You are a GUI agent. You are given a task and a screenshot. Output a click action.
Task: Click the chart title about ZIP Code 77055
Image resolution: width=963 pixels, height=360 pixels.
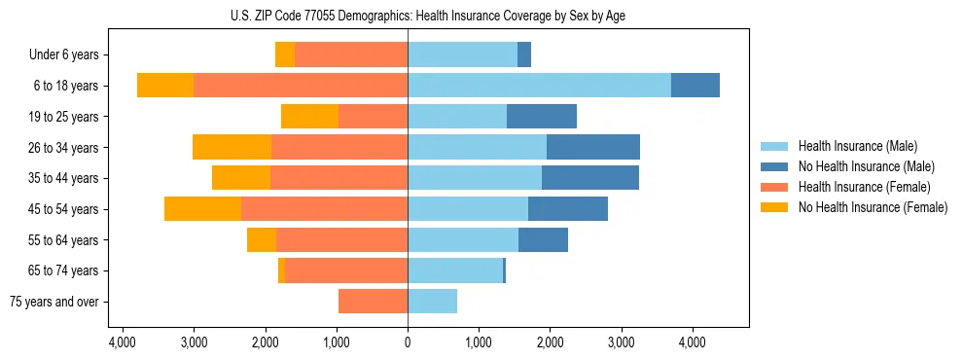[x=408, y=16]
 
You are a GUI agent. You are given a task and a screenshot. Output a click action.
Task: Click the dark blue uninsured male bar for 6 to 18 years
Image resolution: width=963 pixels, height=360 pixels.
[x=695, y=86]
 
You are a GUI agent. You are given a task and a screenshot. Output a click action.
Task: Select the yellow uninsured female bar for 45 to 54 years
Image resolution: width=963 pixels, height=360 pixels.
[x=202, y=209]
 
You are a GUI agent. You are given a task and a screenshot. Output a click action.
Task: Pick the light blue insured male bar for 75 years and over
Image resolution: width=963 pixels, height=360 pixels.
[x=432, y=302]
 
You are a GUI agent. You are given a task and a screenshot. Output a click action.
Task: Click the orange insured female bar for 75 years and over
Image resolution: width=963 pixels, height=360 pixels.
[x=373, y=302]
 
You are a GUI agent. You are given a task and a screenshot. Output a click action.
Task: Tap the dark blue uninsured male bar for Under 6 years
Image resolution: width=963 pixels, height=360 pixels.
[x=524, y=55]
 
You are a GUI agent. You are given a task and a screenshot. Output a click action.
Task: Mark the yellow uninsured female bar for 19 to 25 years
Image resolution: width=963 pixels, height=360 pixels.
[x=309, y=117]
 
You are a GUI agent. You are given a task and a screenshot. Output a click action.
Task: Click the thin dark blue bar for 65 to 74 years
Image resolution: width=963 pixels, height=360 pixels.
[x=504, y=270]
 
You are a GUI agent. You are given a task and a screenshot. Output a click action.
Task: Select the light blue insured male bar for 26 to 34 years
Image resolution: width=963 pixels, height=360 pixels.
[x=477, y=148]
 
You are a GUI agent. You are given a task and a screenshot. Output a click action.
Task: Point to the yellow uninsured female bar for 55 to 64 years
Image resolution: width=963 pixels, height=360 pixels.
[x=262, y=240]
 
